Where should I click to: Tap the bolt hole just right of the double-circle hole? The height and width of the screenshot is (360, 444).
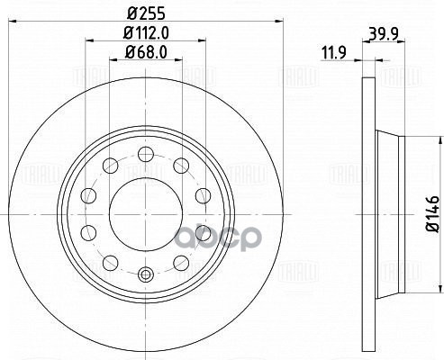[180, 262]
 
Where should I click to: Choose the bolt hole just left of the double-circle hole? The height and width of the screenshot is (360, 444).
[109, 262]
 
